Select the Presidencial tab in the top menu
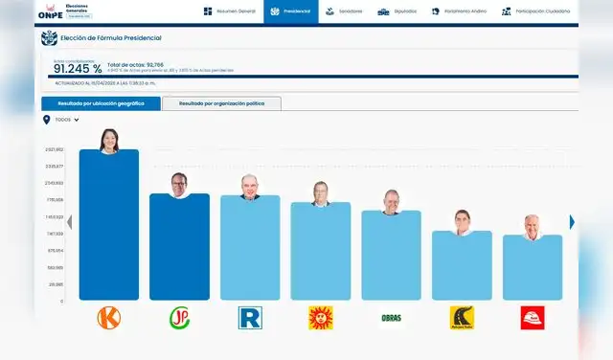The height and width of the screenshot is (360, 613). click(x=291, y=11)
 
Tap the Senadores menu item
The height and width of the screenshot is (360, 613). click(x=345, y=11)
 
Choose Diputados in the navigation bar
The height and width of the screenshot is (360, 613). click(x=397, y=11)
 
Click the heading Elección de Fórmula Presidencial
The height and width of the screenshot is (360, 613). click(x=110, y=37)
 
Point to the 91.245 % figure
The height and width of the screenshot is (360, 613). click(x=78, y=68)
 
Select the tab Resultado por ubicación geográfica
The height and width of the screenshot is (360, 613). click(x=101, y=103)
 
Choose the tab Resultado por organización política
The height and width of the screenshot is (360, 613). click(x=221, y=103)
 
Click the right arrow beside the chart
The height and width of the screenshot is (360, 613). click(x=572, y=222)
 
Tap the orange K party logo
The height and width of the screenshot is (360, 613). click(x=109, y=318)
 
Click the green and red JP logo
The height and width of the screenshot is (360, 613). click(x=179, y=318)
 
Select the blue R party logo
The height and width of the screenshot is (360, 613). click(x=250, y=318)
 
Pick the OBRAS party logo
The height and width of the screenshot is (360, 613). click(x=391, y=318)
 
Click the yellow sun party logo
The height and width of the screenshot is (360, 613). click(x=320, y=318)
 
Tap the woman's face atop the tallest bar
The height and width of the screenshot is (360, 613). click(x=109, y=142)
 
